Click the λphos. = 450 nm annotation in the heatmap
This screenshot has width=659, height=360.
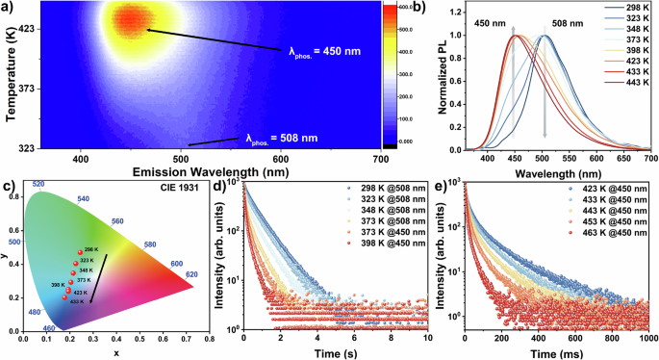pyautogui.click(x=324, y=51)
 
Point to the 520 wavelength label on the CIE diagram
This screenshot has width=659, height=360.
pyautogui.click(x=38, y=184)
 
